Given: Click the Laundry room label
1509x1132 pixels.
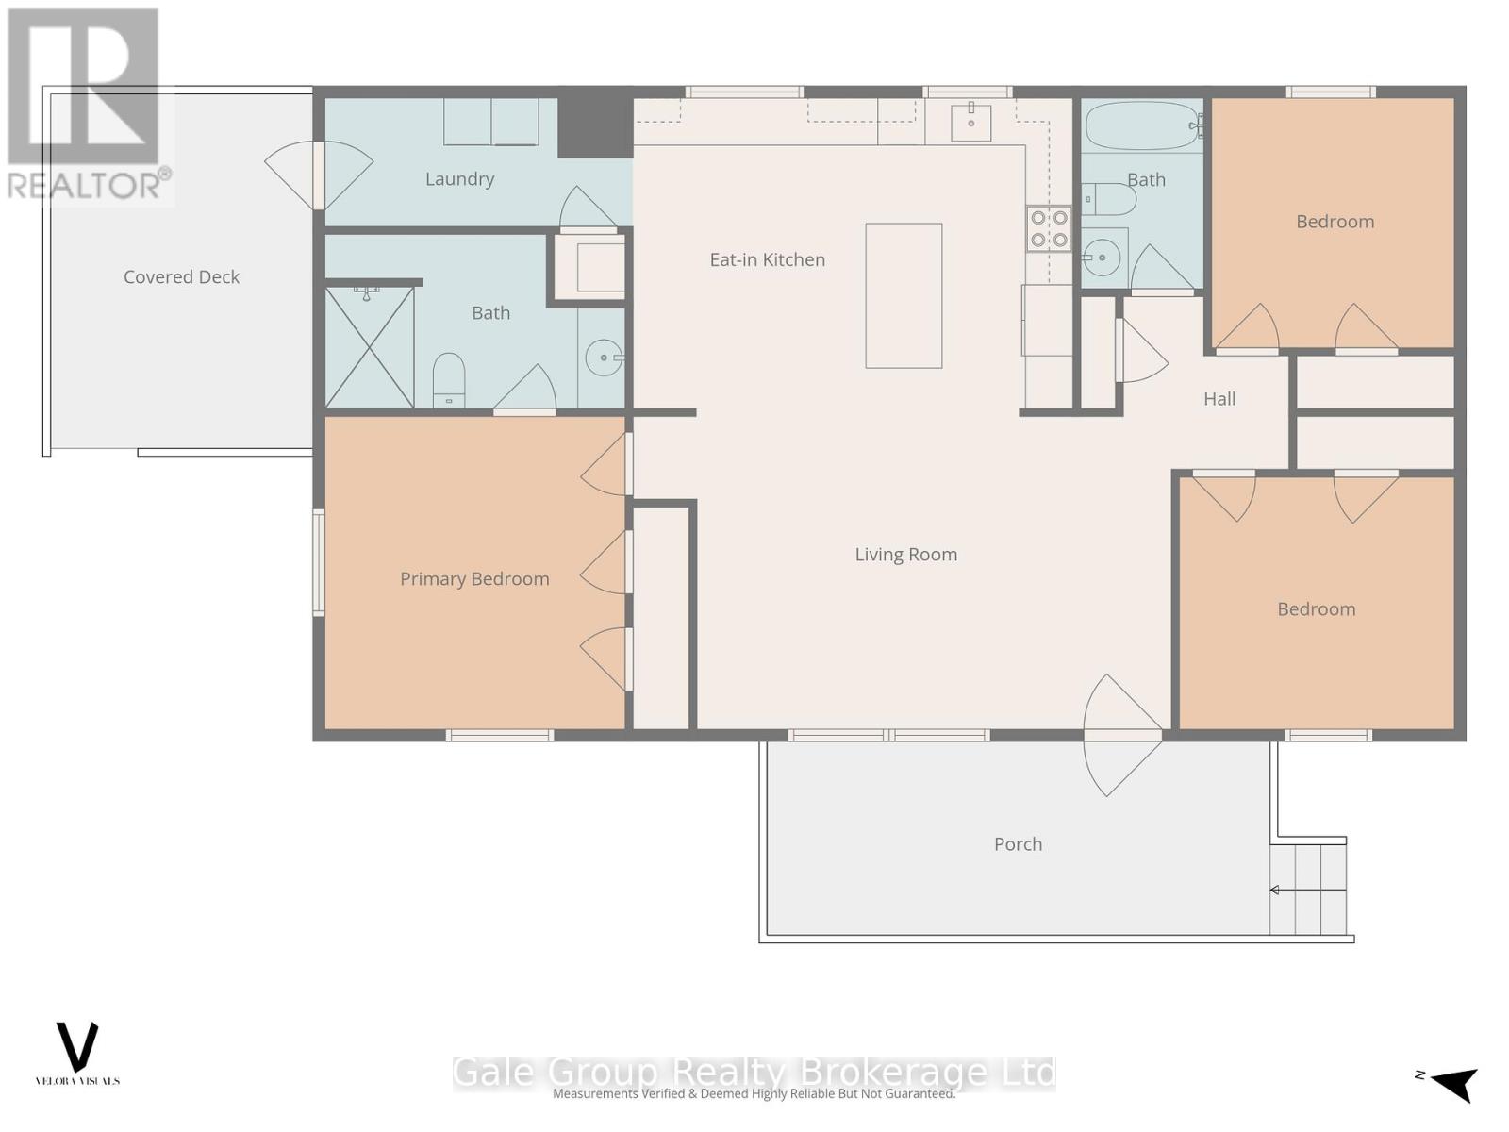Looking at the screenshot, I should tap(459, 179).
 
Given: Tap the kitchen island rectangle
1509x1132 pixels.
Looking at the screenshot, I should tap(904, 295).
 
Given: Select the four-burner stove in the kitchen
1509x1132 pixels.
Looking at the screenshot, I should tap(1049, 228).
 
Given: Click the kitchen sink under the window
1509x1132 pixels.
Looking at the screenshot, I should tap(970, 122).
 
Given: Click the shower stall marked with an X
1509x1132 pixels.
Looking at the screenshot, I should tap(370, 347).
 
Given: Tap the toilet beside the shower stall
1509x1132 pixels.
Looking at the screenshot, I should tap(449, 376).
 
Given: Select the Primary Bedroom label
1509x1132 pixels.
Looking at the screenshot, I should tap(474, 579).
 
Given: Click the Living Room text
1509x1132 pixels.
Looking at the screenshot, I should tap(905, 555).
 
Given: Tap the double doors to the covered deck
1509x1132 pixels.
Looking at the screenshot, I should tap(319, 175).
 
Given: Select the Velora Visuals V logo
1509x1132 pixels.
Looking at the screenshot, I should tap(77, 1047).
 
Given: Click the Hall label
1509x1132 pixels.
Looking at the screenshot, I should tap(1219, 399).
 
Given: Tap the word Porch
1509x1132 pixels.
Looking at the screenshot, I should tap(1018, 844).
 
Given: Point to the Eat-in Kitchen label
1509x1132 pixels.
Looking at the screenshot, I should tap(767, 260).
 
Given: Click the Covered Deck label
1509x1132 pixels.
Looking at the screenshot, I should tap(181, 277).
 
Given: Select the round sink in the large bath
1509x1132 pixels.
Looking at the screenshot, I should tap(604, 358).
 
